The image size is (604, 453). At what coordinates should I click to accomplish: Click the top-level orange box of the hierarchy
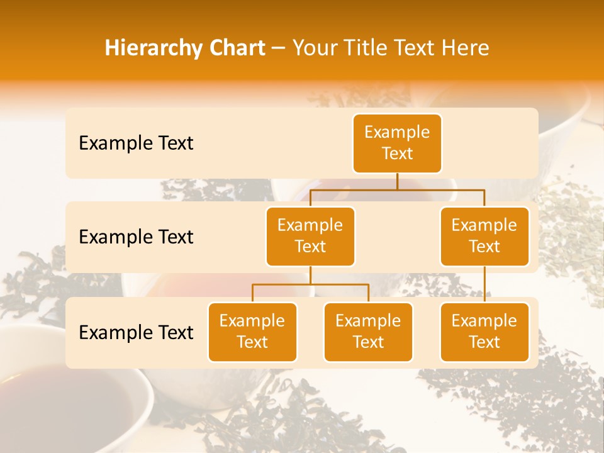[x=397, y=143]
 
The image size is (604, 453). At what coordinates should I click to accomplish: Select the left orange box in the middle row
[x=310, y=236]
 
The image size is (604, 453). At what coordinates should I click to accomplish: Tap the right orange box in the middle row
[x=484, y=236]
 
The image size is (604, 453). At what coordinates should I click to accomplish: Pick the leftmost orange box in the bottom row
[x=252, y=332]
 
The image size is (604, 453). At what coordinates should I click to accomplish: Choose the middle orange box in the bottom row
[x=368, y=332]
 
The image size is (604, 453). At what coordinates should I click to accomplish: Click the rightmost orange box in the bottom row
[x=484, y=332]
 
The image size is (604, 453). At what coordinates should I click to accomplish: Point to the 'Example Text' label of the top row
[x=136, y=143]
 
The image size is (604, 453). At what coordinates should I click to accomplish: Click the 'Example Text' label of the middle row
[x=136, y=237]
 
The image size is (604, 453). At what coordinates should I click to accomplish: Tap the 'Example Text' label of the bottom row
[x=136, y=333]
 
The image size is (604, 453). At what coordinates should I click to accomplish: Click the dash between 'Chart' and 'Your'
[x=279, y=48]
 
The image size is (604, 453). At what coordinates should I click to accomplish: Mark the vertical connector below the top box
[x=397, y=181]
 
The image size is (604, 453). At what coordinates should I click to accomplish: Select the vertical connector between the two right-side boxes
[x=484, y=284]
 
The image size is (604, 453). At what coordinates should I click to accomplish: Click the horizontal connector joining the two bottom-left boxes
[x=310, y=284]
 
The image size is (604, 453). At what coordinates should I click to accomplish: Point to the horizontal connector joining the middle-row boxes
[x=397, y=189]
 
